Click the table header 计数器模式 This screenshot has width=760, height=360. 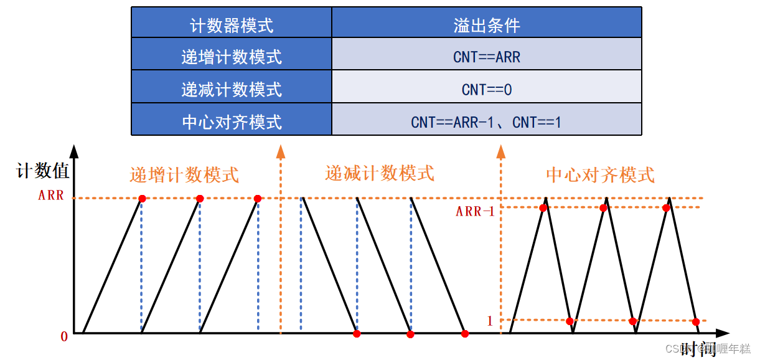point(231,25)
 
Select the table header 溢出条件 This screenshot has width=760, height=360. point(486,25)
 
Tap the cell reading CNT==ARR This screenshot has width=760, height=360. point(486,57)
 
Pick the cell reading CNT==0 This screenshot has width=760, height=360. point(486,90)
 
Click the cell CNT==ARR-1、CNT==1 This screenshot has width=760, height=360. point(486,122)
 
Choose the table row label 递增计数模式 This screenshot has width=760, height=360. point(231,57)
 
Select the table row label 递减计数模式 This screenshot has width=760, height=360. point(231,90)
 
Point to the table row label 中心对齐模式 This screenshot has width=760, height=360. point(231,122)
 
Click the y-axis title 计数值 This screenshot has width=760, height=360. point(42,171)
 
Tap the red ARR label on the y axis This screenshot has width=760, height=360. point(51,195)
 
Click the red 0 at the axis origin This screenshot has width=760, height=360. point(63,337)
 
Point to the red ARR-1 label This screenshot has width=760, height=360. point(475,212)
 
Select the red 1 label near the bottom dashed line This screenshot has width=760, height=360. point(489,321)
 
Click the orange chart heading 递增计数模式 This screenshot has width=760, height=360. point(184,174)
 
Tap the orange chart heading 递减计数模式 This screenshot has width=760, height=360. point(380,173)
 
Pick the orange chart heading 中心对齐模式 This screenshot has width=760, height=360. point(600,175)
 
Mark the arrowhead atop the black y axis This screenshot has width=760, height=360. point(74,151)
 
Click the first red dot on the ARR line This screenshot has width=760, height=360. point(142,199)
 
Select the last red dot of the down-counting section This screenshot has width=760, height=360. point(465,334)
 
